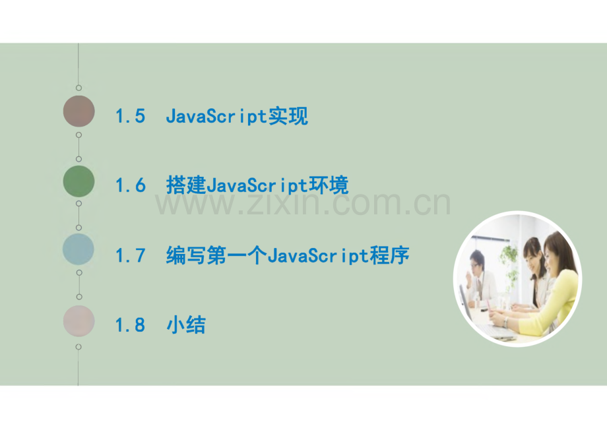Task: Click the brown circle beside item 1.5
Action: pyautogui.click(x=79, y=111)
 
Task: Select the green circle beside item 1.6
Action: pyautogui.click(x=79, y=181)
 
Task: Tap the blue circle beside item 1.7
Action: pyautogui.click(x=79, y=250)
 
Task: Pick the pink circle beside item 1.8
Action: pyautogui.click(x=79, y=321)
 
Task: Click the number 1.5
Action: pyautogui.click(x=130, y=117)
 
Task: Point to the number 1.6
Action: pyautogui.click(x=130, y=186)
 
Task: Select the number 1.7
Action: pyautogui.click(x=130, y=256)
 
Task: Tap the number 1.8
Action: pyautogui.click(x=130, y=325)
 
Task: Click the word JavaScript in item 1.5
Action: pyautogui.click(x=216, y=117)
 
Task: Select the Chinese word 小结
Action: pyautogui.click(x=186, y=325)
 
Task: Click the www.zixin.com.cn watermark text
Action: pyautogui.click(x=303, y=204)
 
